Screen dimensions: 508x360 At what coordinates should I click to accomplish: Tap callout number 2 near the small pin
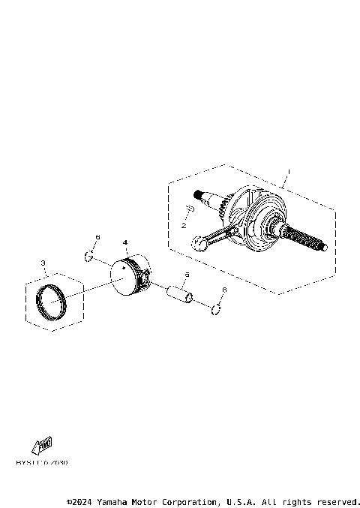click(x=183, y=224)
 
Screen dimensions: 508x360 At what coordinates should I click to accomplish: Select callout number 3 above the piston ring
click(x=43, y=263)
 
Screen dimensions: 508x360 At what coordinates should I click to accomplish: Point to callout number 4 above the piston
click(x=125, y=243)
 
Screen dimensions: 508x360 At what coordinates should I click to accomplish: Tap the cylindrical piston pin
click(x=181, y=294)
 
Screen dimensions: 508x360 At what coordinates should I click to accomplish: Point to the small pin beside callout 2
click(x=190, y=209)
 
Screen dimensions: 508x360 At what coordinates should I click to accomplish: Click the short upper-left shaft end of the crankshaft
click(x=208, y=198)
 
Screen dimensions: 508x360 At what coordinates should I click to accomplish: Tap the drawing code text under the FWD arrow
click(x=41, y=462)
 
